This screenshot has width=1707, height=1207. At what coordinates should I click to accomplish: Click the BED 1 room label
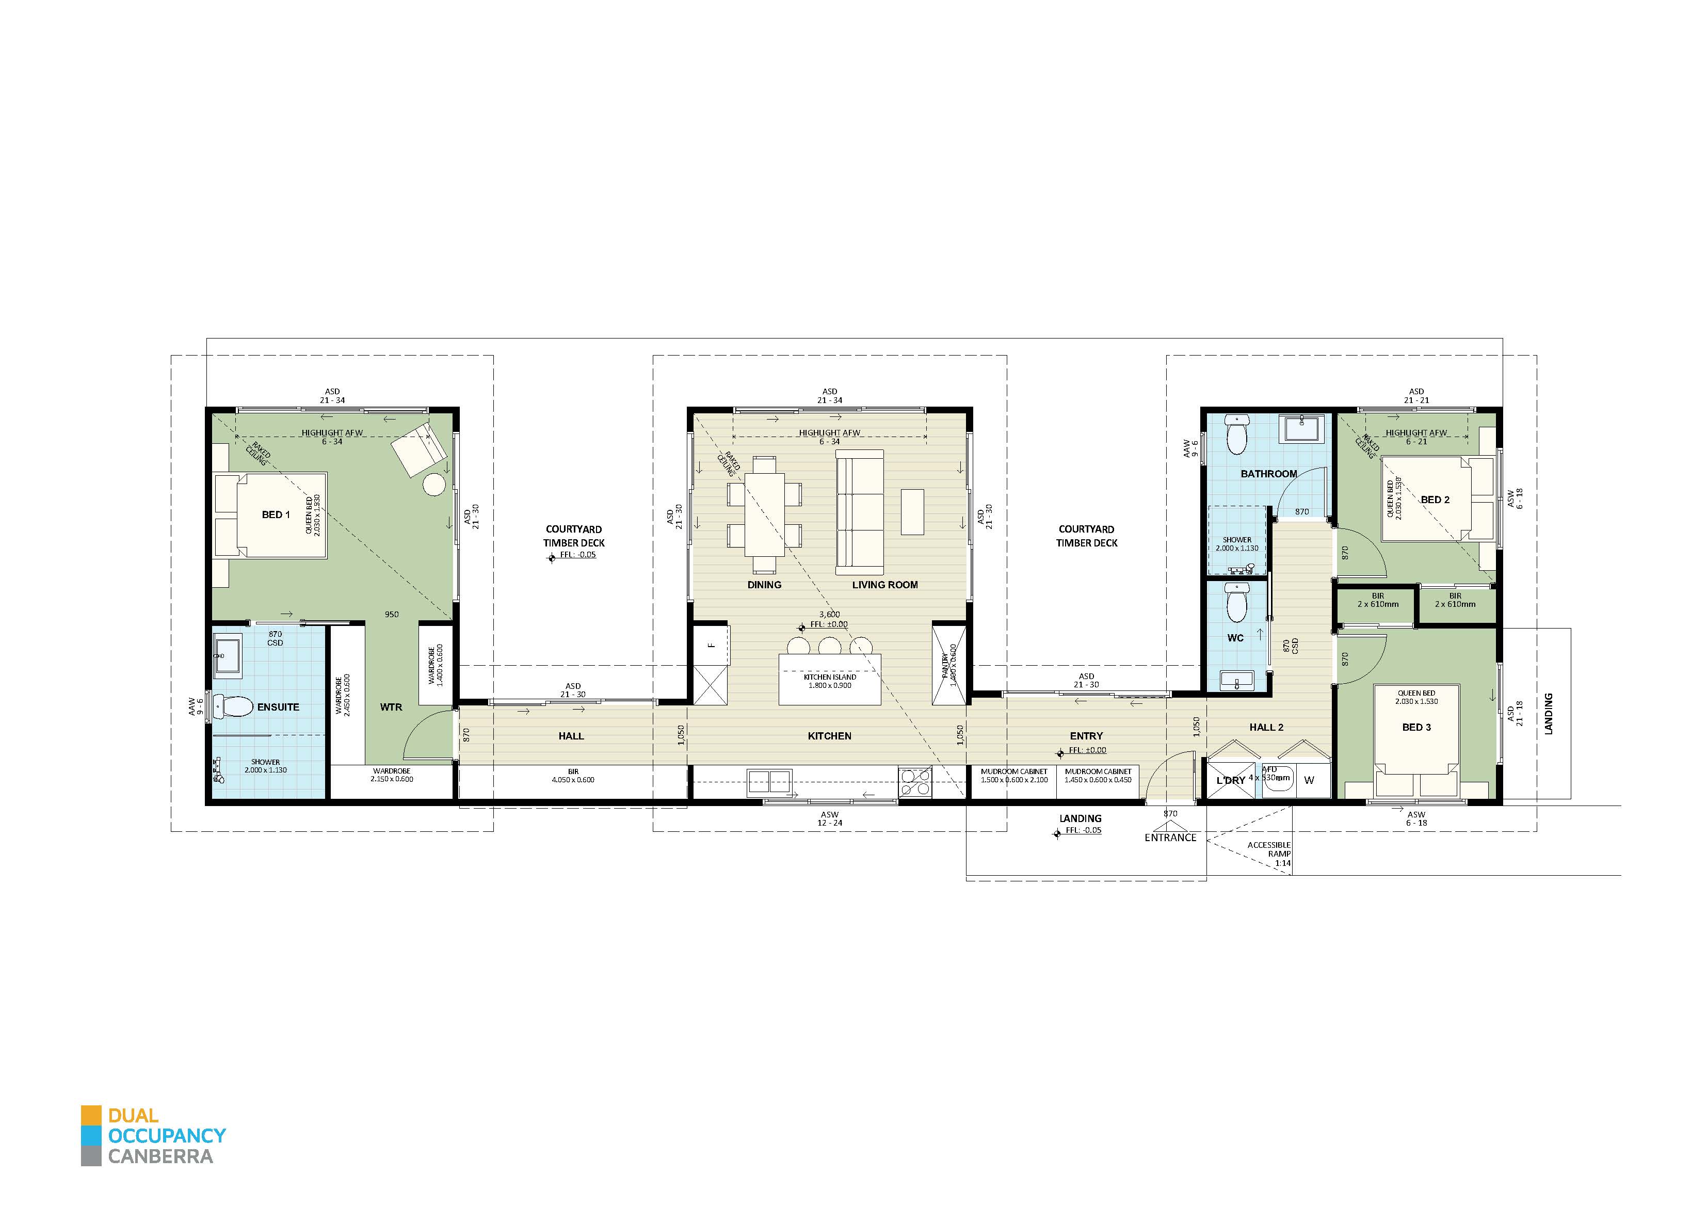(x=276, y=514)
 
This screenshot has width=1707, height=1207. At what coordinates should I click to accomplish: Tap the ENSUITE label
(x=278, y=707)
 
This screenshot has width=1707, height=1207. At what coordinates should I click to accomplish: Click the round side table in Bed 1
(x=434, y=484)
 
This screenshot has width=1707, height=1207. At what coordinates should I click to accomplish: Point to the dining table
(x=764, y=514)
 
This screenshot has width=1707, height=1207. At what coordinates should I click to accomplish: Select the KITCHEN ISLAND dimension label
(x=830, y=681)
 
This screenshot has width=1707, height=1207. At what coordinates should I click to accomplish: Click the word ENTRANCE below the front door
(x=1170, y=838)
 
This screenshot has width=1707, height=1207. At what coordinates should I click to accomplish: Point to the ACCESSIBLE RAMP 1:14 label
(x=1268, y=854)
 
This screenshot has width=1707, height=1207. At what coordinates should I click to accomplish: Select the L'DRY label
(x=1230, y=780)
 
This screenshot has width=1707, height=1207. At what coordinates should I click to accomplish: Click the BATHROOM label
(x=1268, y=474)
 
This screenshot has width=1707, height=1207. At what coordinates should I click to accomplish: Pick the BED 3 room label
(x=1416, y=727)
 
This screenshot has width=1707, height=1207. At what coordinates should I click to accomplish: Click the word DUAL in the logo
(x=133, y=1116)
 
